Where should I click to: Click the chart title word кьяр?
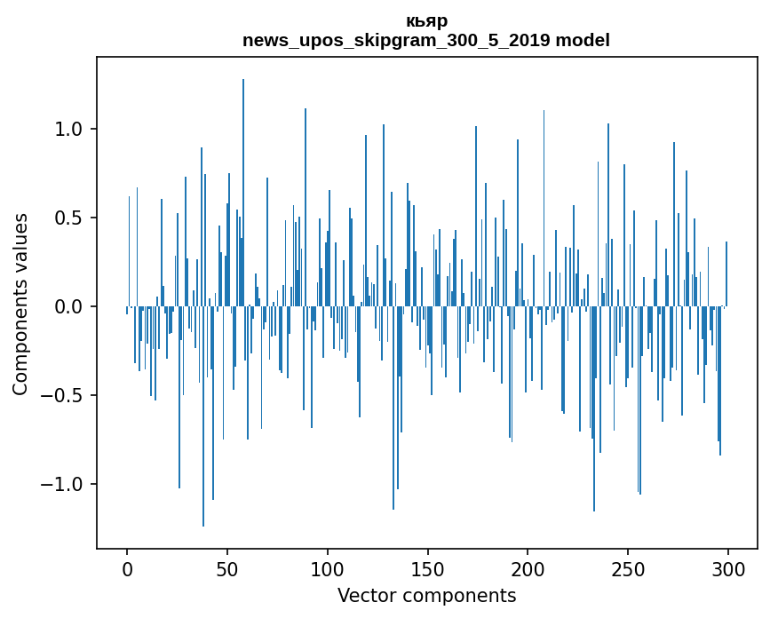pyautogui.click(x=426, y=21)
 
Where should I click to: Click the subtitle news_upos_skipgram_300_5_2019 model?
pyautogui.click(x=426, y=40)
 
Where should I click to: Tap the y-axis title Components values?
pyautogui.click(x=20, y=305)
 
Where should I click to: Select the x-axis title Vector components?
pyautogui.click(x=426, y=596)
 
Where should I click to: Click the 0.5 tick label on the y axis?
pyautogui.click(x=67, y=218)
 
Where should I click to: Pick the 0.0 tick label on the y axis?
pyautogui.click(x=67, y=307)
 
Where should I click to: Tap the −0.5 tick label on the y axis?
pyautogui.click(x=61, y=396)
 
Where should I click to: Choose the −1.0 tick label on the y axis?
pyautogui.click(x=61, y=485)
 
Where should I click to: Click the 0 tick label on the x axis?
pyautogui.click(x=127, y=569)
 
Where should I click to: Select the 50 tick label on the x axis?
pyautogui.click(x=226, y=569)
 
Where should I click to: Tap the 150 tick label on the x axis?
pyautogui.click(x=427, y=569)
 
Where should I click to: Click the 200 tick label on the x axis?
pyautogui.click(x=528, y=569)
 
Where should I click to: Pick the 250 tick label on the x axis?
pyautogui.click(x=628, y=569)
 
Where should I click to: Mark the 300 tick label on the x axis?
pyautogui.click(x=727, y=569)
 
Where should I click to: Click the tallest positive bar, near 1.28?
pyautogui.click(x=243, y=193)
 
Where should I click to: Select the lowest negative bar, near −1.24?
pyautogui.click(x=203, y=416)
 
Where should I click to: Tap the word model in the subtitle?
pyautogui.click(x=583, y=40)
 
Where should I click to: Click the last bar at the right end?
pyautogui.click(x=726, y=273)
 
